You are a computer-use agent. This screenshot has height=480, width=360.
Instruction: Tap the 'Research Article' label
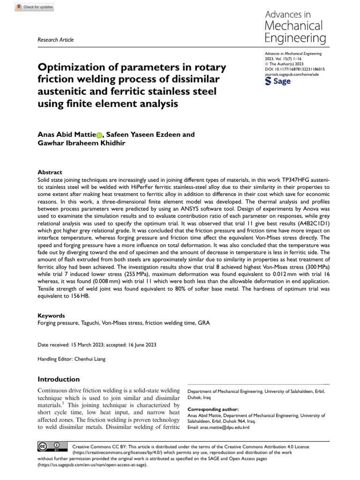coord(55,40)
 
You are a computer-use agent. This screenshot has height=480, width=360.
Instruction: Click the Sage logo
coord(278,82)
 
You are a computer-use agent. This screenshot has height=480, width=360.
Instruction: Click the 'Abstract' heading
coord(49,172)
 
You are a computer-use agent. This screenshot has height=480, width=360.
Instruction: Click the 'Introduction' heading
coord(59,379)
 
